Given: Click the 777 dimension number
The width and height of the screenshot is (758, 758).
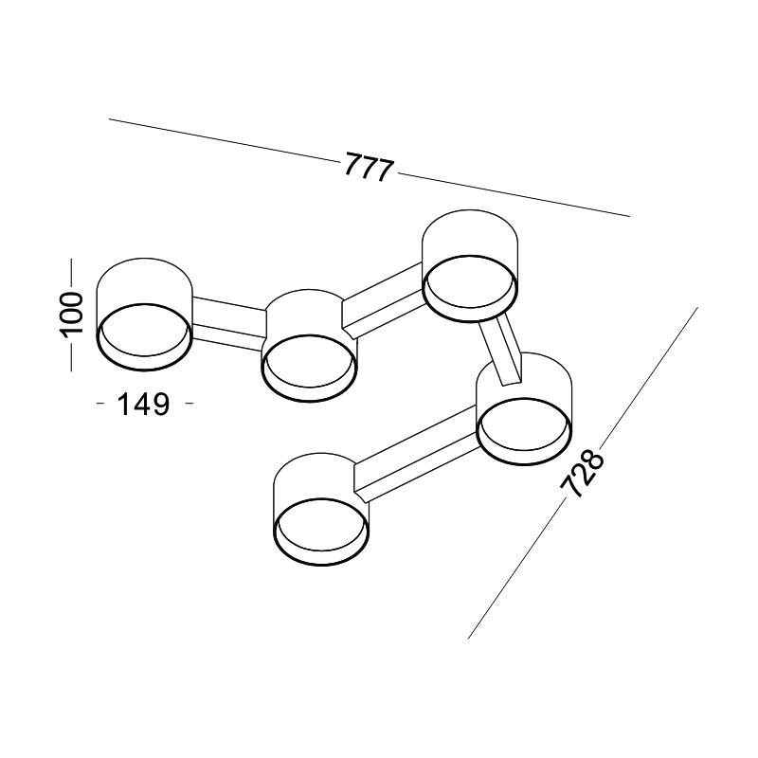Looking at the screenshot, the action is tap(370, 167).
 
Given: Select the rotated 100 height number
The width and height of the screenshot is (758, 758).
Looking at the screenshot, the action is tap(71, 315).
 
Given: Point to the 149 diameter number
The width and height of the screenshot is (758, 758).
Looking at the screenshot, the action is tap(144, 405).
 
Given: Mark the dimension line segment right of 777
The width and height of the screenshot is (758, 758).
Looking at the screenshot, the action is tap(514, 195).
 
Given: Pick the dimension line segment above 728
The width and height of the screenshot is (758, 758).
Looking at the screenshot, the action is tap(649, 374).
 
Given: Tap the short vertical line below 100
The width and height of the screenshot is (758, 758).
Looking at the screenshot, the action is tap(71, 357).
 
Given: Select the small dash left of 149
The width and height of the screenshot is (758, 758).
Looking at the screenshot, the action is tap(100, 403).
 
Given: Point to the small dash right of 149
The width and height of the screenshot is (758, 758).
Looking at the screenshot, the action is tap(189, 403).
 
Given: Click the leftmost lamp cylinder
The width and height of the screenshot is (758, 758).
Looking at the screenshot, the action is tap(145, 315).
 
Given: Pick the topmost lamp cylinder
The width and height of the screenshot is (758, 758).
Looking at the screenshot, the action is tap(470, 265).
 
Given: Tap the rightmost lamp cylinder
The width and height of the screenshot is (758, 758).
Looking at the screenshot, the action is tap(524, 408).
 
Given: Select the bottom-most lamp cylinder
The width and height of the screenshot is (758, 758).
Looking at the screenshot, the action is tap(321, 509).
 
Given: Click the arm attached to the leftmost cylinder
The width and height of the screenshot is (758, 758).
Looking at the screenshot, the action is tap(229, 323).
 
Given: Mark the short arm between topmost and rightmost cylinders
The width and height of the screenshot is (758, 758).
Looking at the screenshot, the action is tap(501, 349).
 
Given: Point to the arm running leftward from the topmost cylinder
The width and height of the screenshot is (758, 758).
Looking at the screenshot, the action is tap(383, 299).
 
